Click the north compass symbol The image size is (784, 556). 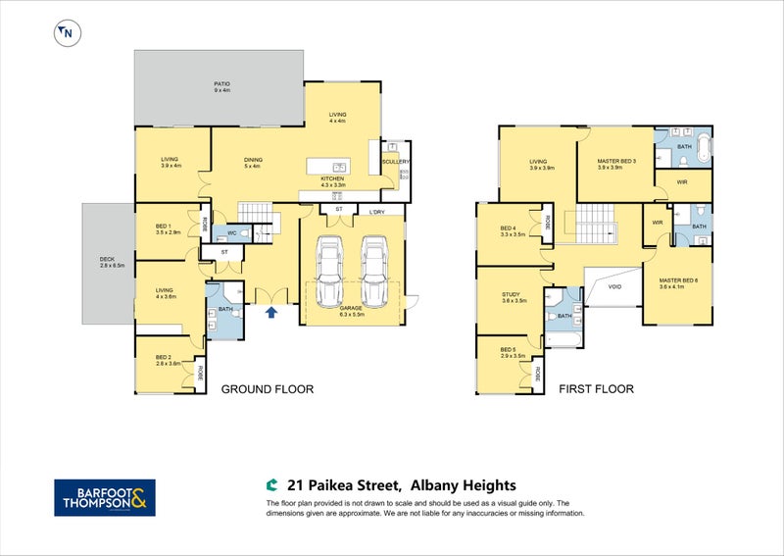(66, 32)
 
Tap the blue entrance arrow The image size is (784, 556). (271, 313)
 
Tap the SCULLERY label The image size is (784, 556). (396, 162)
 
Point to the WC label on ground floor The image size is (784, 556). (232, 233)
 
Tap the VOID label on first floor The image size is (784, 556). (614, 287)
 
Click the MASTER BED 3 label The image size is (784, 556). (616, 163)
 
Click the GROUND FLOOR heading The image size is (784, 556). (267, 389)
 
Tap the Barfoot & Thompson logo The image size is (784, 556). (103, 497)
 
